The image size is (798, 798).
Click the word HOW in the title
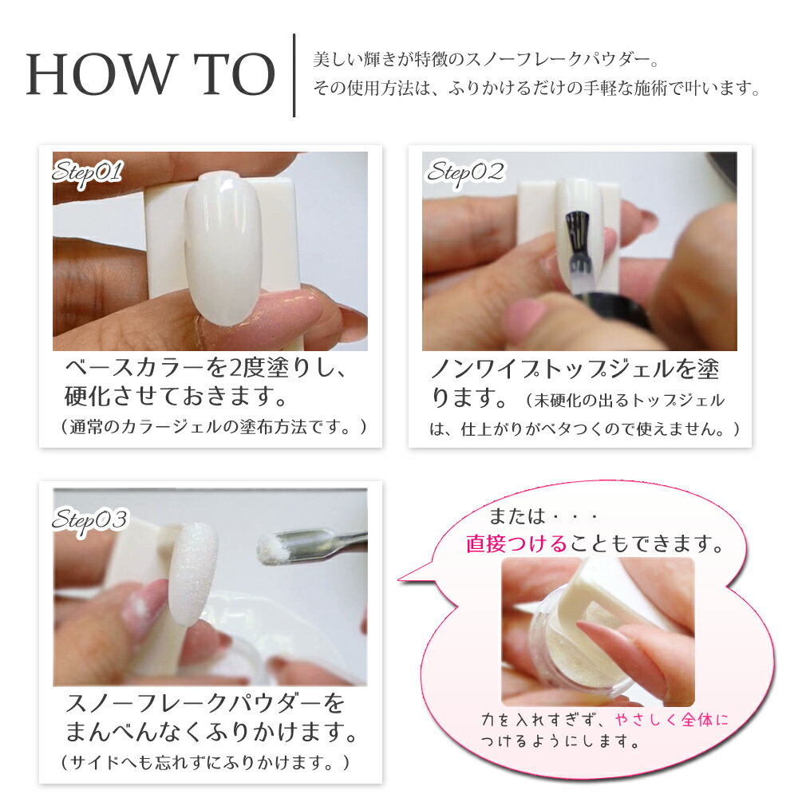coord(100,74)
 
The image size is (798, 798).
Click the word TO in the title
coord(235,74)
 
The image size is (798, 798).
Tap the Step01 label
coord(88,173)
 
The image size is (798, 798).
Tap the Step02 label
coord(465,173)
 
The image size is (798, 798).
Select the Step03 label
coord(89,521)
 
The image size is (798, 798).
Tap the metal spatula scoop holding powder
coord(310,545)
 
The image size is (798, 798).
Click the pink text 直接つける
coord(516,543)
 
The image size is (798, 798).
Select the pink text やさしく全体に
coord(671,719)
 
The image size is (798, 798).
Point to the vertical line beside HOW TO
coord(294,75)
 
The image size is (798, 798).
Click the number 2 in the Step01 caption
coord(235,367)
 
